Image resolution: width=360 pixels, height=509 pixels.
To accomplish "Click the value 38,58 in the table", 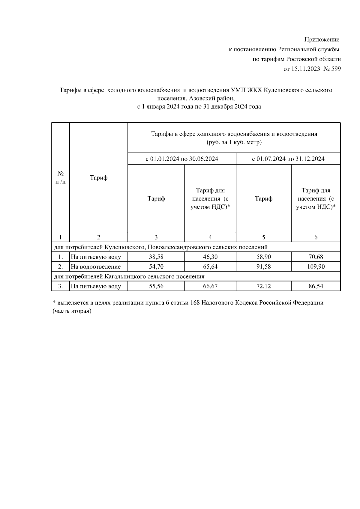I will pyautogui.click(x=156, y=257).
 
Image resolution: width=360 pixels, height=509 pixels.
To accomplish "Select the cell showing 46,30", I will pyautogui.click(x=210, y=257).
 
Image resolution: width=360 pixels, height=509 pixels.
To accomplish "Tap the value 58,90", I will pyautogui.click(x=263, y=257).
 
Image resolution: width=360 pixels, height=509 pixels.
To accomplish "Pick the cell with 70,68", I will pyautogui.click(x=316, y=257).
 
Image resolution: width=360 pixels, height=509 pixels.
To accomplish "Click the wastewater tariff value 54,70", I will pyautogui.click(x=156, y=266).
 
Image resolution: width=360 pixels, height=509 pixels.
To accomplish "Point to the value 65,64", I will pyautogui.click(x=210, y=266).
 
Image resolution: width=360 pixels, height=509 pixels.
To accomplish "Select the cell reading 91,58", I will pyautogui.click(x=263, y=266).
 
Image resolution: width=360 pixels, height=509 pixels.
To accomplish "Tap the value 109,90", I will pyautogui.click(x=316, y=266).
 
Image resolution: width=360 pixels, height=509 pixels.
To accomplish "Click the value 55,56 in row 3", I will pyautogui.click(x=156, y=286).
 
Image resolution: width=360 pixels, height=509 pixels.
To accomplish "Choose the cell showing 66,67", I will pyautogui.click(x=210, y=286).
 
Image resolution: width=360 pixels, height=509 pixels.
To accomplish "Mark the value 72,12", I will pyautogui.click(x=263, y=286).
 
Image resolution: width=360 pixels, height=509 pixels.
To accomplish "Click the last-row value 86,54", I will pyautogui.click(x=316, y=286).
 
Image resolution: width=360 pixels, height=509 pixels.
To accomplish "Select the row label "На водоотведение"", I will pyautogui.click(x=96, y=266).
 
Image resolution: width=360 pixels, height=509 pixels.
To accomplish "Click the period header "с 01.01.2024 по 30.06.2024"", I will pyautogui.click(x=182, y=159).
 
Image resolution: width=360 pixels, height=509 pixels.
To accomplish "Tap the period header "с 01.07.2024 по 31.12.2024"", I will pyautogui.click(x=288, y=159).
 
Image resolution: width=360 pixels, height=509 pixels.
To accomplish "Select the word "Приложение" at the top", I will pyautogui.click(x=322, y=40).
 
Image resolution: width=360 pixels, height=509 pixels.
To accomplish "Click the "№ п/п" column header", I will pyautogui.click(x=61, y=178).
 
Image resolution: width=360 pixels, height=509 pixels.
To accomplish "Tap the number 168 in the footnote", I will pyautogui.click(x=195, y=303).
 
